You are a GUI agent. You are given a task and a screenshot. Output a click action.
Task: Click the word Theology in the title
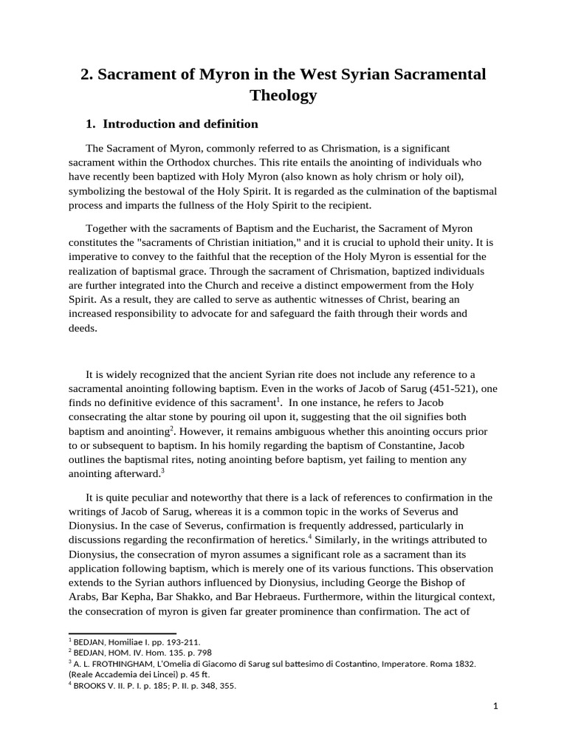[283, 95]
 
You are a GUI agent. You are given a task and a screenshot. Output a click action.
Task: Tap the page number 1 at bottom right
[496, 707]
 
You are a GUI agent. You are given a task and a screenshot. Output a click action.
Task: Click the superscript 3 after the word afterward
[162, 471]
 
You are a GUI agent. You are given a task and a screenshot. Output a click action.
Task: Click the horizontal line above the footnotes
[122, 633]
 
